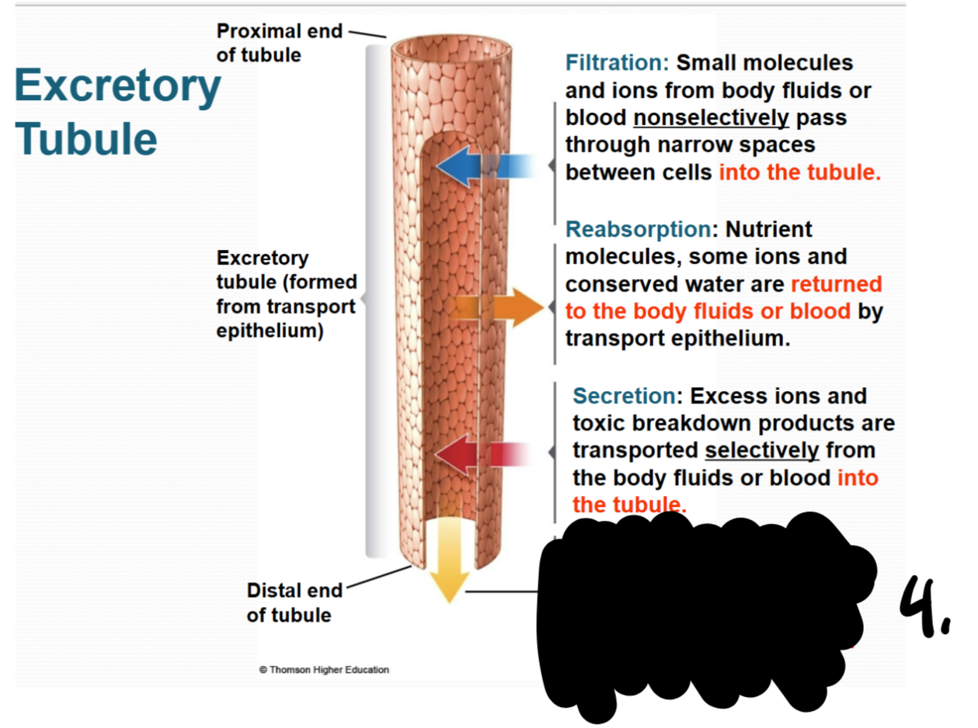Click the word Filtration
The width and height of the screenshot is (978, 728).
pos(618,62)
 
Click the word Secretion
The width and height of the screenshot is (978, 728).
pos(625,396)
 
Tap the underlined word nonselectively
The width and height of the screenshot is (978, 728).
pos(711,118)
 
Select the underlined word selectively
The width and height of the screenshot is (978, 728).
pos(761,450)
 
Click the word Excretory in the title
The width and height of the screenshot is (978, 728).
pos(117,87)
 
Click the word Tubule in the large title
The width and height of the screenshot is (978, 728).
pos(85,138)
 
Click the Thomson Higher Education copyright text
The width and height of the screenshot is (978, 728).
pos(324,670)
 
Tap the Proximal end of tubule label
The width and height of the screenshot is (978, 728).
pos(279,43)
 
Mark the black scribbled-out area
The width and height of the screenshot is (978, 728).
pos(699,613)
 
